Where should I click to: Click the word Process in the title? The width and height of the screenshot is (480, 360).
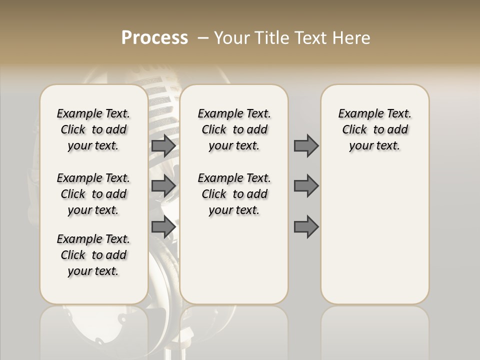tap(154, 37)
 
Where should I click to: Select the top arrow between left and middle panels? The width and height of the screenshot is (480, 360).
tap(163, 145)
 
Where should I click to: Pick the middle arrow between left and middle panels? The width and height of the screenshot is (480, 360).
tap(163, 186)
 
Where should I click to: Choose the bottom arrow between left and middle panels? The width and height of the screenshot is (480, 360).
tap(163, 227)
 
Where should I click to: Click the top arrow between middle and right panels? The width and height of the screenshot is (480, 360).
tap(306, 145)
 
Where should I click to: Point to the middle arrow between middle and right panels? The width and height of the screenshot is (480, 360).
tap(306, 186)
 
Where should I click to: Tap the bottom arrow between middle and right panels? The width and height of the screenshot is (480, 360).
tap(306, 227)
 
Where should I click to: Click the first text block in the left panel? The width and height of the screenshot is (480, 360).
tap(93, 129)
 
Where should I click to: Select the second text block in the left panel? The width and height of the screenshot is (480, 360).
tap(93, 194)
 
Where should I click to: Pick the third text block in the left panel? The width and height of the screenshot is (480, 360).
tap(93, 255)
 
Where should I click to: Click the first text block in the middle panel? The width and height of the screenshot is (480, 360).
tap(234, 129)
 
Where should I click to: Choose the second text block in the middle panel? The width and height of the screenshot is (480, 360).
tap(234, 194)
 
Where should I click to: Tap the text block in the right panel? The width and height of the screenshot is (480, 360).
tap(375, 129)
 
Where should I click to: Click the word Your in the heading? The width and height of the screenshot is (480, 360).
tap(231, 38)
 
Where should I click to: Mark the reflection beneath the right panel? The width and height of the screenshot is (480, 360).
tap(375, 330)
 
